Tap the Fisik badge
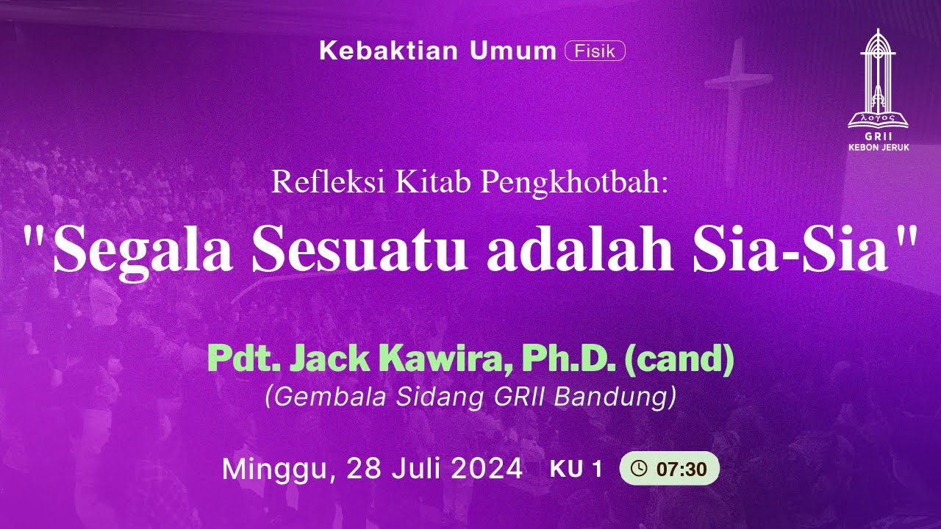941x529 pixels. click(x=595, y=51)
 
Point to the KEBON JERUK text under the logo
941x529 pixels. click(x=879, y=148)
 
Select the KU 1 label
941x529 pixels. click(x=576, y=469)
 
